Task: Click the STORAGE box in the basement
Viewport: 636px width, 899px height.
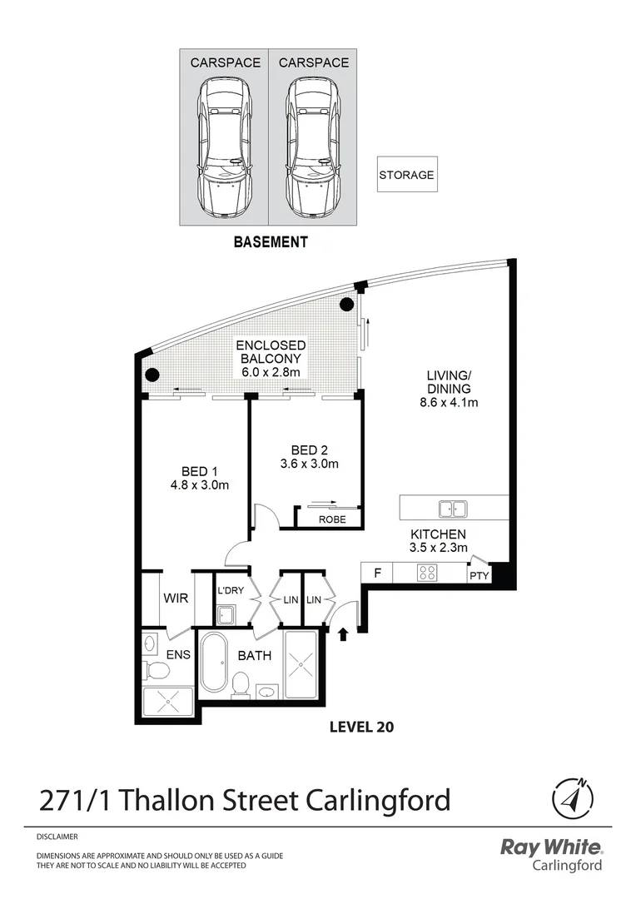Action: [407, 175]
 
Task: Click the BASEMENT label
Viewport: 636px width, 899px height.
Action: [271, 242]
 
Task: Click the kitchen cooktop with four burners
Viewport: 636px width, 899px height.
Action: [428, 573]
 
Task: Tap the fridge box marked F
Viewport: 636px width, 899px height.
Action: [377, 573]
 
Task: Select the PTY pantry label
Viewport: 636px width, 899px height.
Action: [479, 575]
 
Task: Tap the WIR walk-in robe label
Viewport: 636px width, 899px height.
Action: [174, 599]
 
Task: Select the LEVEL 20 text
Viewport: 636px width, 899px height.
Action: [361, 727]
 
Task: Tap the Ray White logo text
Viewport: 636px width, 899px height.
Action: [550, 847]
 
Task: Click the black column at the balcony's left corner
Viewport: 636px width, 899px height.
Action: [152, 375]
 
